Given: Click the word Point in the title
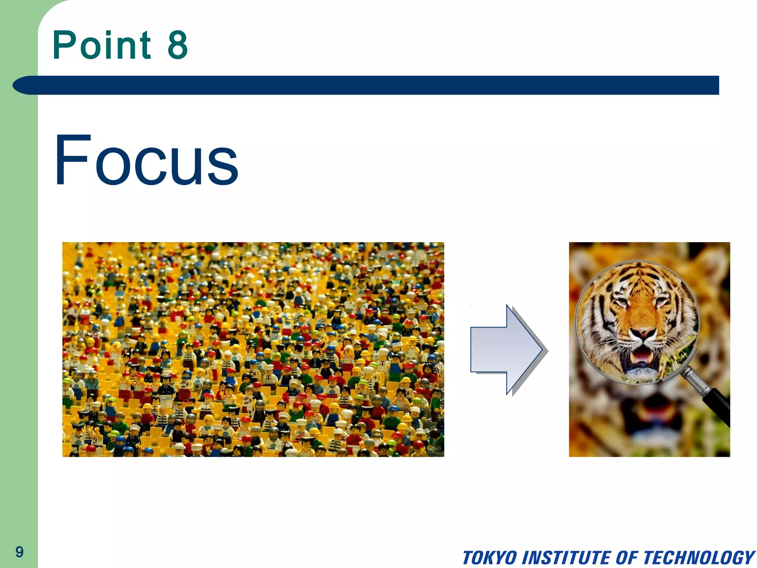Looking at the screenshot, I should point(102,45).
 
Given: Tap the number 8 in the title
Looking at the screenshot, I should point(178,45).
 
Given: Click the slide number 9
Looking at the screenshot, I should point(19,552).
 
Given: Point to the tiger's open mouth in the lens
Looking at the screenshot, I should point(641,358).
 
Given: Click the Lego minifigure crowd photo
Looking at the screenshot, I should point(253,349).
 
